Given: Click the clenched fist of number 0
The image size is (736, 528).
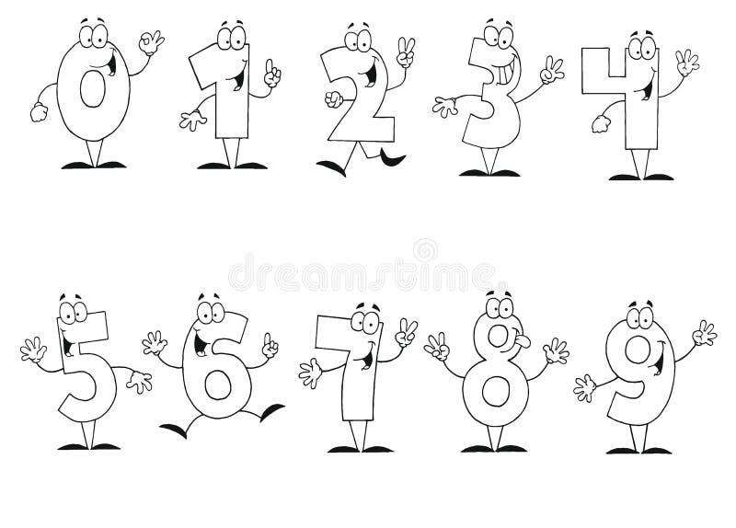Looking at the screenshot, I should (x=38, y=112).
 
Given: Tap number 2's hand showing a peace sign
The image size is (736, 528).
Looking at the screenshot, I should (x=404, y=53).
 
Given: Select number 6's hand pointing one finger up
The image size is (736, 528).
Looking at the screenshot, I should (x=270, y=348).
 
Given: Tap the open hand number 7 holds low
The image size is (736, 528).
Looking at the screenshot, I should (x=310, y=373).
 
